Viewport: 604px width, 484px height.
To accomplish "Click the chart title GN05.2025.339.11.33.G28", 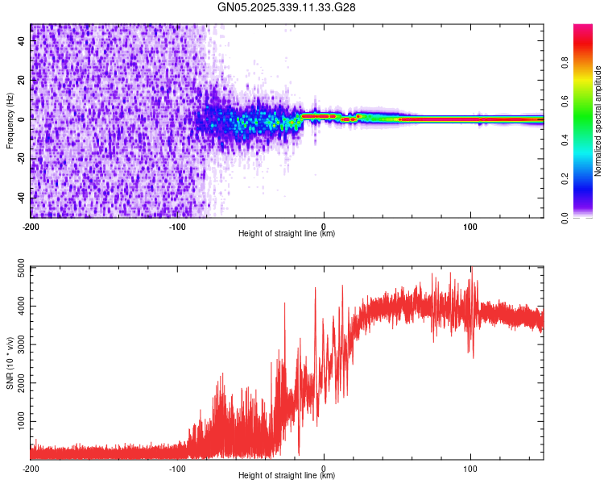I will [287, 7].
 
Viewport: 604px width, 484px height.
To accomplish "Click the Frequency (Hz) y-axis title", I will [10, 121].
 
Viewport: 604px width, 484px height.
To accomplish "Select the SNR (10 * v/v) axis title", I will [10, 363].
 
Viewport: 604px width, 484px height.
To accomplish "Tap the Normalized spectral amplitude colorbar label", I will [598, 121].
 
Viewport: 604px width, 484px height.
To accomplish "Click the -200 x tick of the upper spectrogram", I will [31, 225].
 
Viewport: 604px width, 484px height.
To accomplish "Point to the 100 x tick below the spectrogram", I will [470, 225].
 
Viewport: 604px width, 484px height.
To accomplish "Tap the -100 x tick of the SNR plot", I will [177, 467].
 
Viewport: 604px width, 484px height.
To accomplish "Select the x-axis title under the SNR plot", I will [287, 476].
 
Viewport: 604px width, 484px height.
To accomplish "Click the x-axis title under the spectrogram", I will [287, 234].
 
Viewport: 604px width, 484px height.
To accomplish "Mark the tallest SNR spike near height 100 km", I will [472, 269].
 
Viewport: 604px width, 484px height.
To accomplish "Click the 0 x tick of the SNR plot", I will [324, 467].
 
